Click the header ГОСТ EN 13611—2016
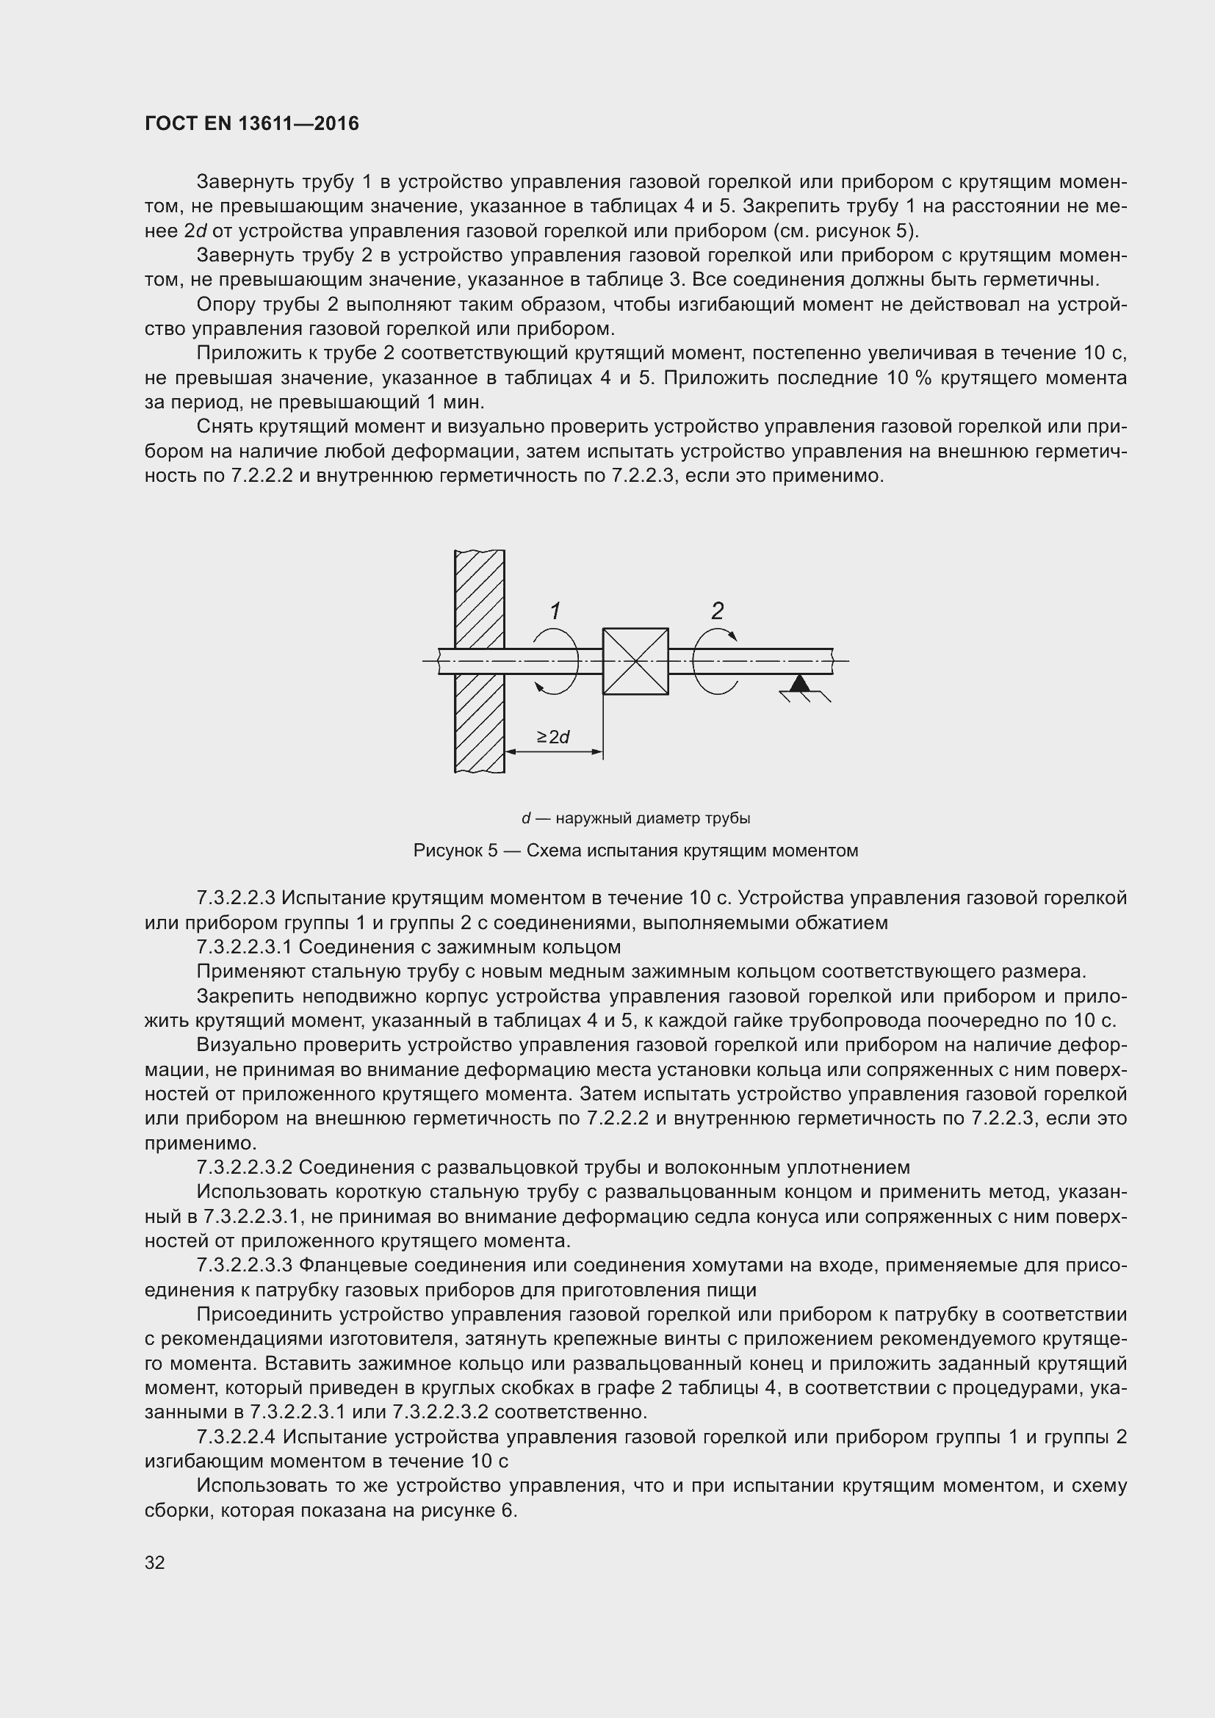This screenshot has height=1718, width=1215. coord(251,123)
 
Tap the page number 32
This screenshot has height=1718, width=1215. coord(155,1562)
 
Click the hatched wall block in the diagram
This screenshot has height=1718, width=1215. coord(479,711)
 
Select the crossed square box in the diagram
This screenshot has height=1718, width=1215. coord(635,662)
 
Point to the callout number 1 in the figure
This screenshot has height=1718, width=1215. coord(555,611)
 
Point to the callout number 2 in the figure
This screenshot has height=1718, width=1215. coord(717,610)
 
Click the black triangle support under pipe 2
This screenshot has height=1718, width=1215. coord(800,682)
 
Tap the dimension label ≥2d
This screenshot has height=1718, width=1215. coord(553,737)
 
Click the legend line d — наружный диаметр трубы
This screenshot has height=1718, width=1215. coord(635,818)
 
